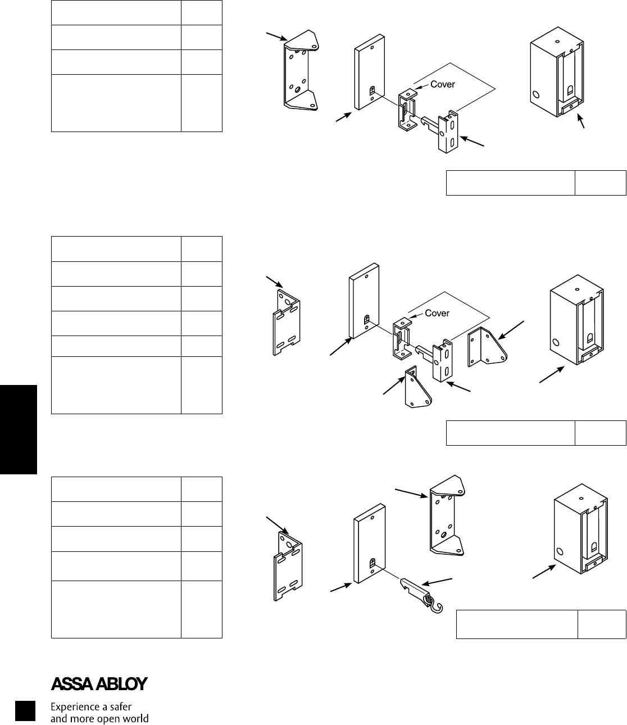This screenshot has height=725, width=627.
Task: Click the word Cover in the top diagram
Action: coord(442,84)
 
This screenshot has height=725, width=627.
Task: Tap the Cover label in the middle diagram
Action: coord(437,313)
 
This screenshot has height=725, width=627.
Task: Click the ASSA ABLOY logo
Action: coord(99,684)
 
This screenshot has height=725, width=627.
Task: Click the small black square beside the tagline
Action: coord(25,711)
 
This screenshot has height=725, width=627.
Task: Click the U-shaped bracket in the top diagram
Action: coord(299,70)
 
